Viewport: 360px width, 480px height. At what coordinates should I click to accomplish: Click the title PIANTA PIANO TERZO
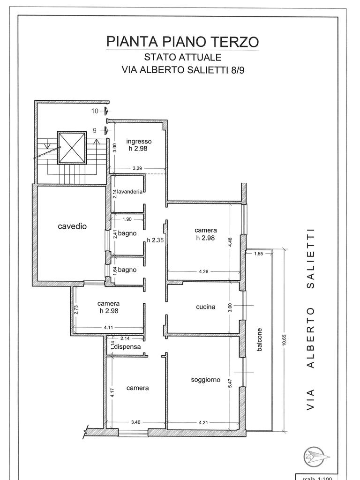click(x=182, y=41)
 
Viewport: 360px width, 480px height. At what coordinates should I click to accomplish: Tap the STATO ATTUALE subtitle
click(x=182, y=58)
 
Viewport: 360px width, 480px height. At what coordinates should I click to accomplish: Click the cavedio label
click(x=72, y=226)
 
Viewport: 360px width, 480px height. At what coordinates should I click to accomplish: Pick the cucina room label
click(x=206, y=307)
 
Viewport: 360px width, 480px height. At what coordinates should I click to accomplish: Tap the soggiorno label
click(x=205, y=380)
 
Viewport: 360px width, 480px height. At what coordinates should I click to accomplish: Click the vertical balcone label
click(x=260, y=340)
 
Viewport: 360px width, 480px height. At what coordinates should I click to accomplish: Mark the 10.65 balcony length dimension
click(x=284, y=340)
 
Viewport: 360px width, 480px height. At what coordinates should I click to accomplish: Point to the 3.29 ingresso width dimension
click(x=137, y=167)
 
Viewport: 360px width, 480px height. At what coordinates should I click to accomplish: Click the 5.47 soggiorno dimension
click(x=230, y=383)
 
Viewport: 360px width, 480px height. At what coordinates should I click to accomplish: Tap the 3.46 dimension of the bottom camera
click(x=136, y=422)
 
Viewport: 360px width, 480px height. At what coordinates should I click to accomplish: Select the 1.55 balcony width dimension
click(x=258, y=254)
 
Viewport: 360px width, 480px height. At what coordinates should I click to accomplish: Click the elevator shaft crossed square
click(x=72, y=147)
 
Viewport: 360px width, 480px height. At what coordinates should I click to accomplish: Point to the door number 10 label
click(x=95, y=111)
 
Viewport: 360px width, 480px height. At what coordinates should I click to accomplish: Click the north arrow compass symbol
click(x=314, y=457)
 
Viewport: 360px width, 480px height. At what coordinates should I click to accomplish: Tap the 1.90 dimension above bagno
click(x=127, y=219)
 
